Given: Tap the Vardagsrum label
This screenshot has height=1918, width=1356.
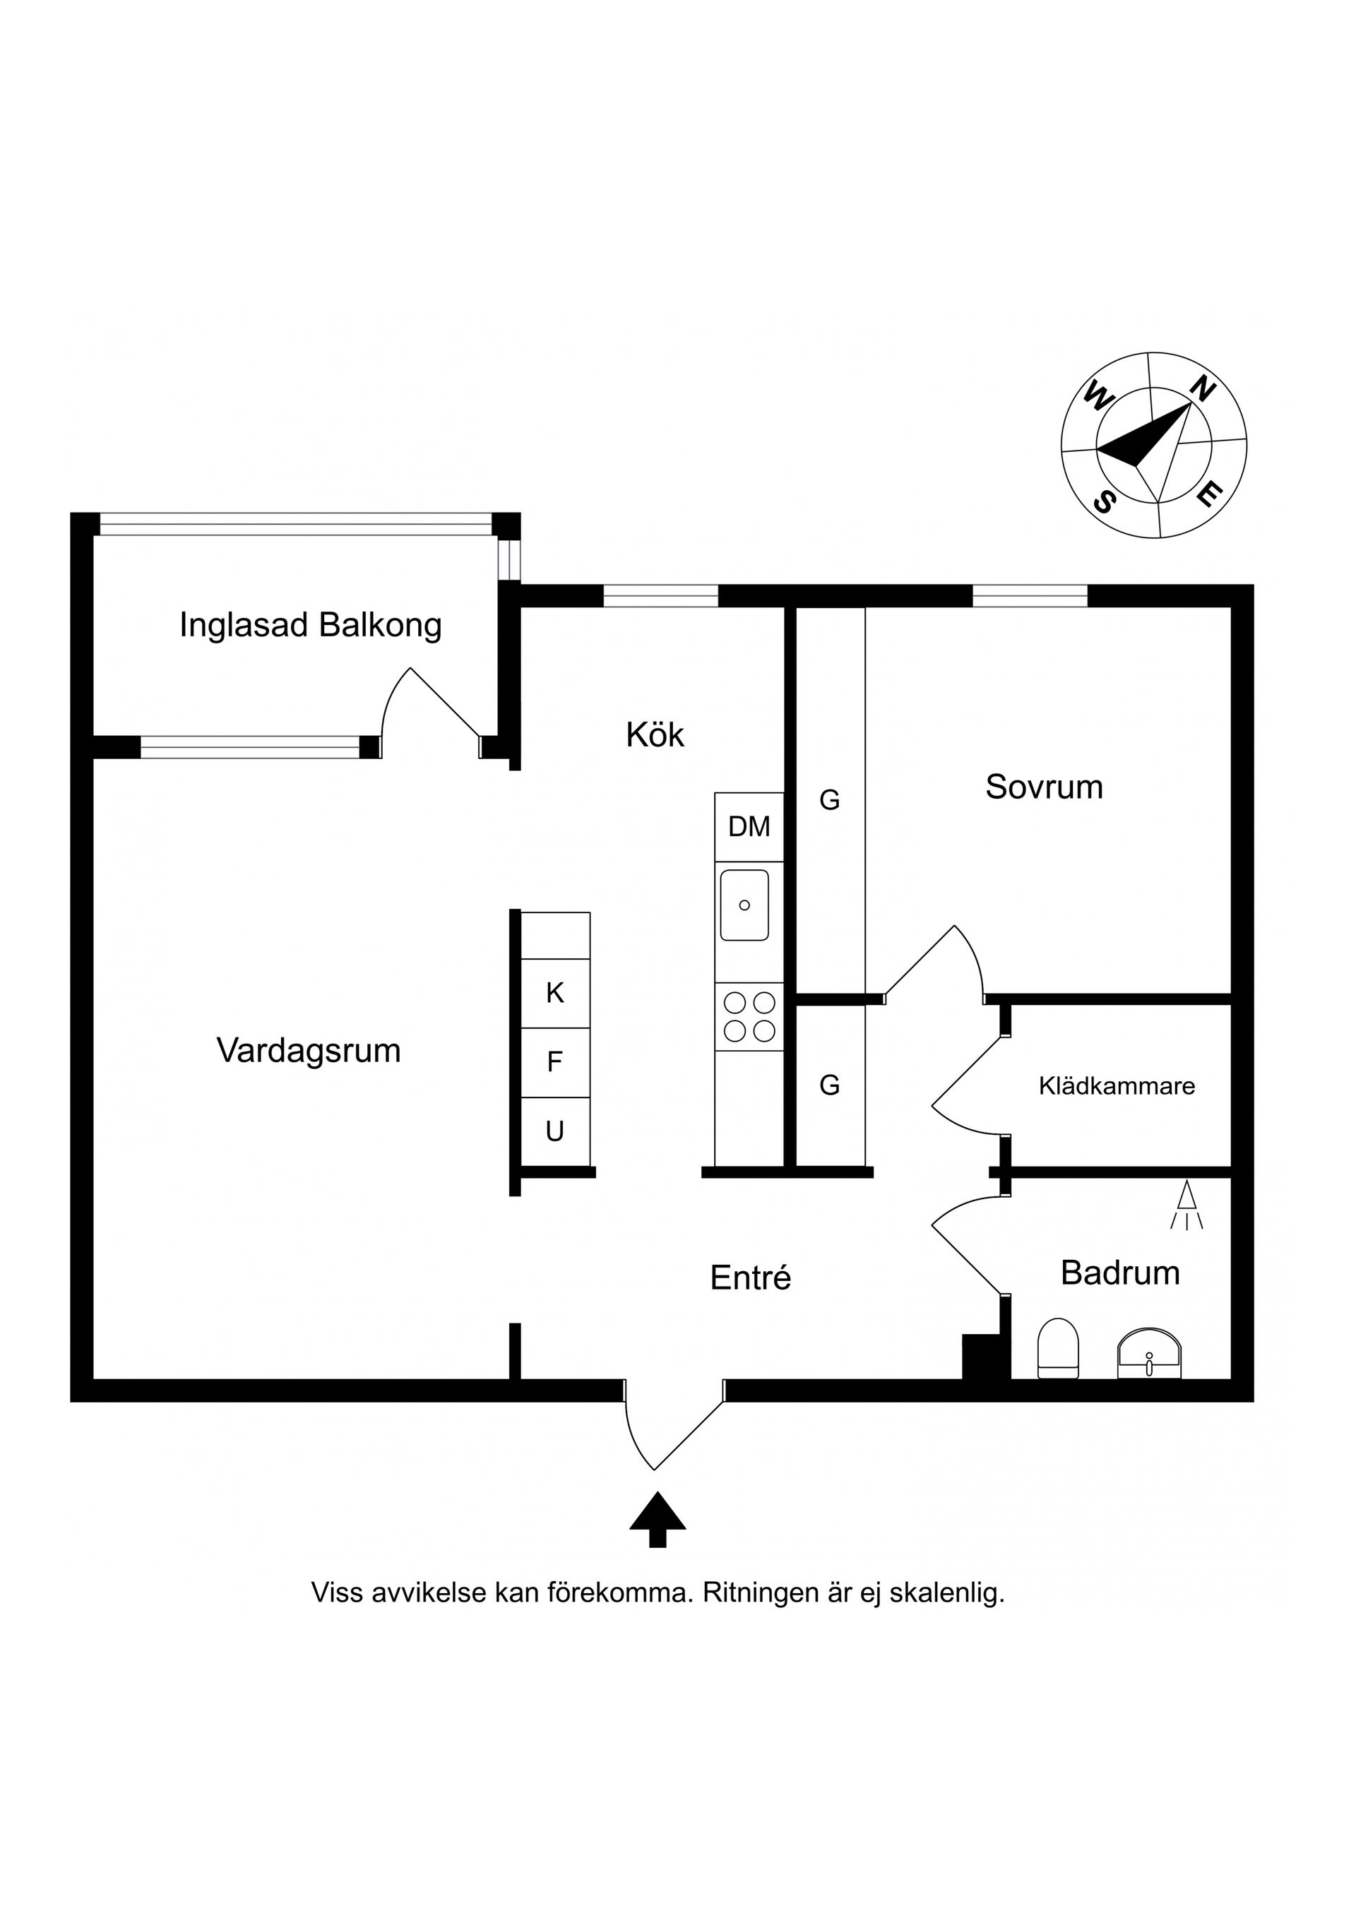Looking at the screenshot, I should point(309,1051).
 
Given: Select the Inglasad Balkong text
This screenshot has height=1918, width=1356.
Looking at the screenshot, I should point(310,626).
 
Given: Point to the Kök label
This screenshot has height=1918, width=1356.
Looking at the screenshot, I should point(654,735).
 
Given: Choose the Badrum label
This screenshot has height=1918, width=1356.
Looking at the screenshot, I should point(1119,1273).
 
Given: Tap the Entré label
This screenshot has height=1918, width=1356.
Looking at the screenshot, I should point(750,1278).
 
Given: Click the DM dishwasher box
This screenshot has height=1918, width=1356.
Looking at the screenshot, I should point(749,827).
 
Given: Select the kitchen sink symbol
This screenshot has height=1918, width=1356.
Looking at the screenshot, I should point(744,905).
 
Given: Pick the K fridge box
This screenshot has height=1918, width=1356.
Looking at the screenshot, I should point(555,993).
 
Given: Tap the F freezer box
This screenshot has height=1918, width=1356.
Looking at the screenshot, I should point(555,1063).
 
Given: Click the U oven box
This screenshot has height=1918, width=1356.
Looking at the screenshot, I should point(555,1132).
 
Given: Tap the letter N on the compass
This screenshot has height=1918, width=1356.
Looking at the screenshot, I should point(1201,388).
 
